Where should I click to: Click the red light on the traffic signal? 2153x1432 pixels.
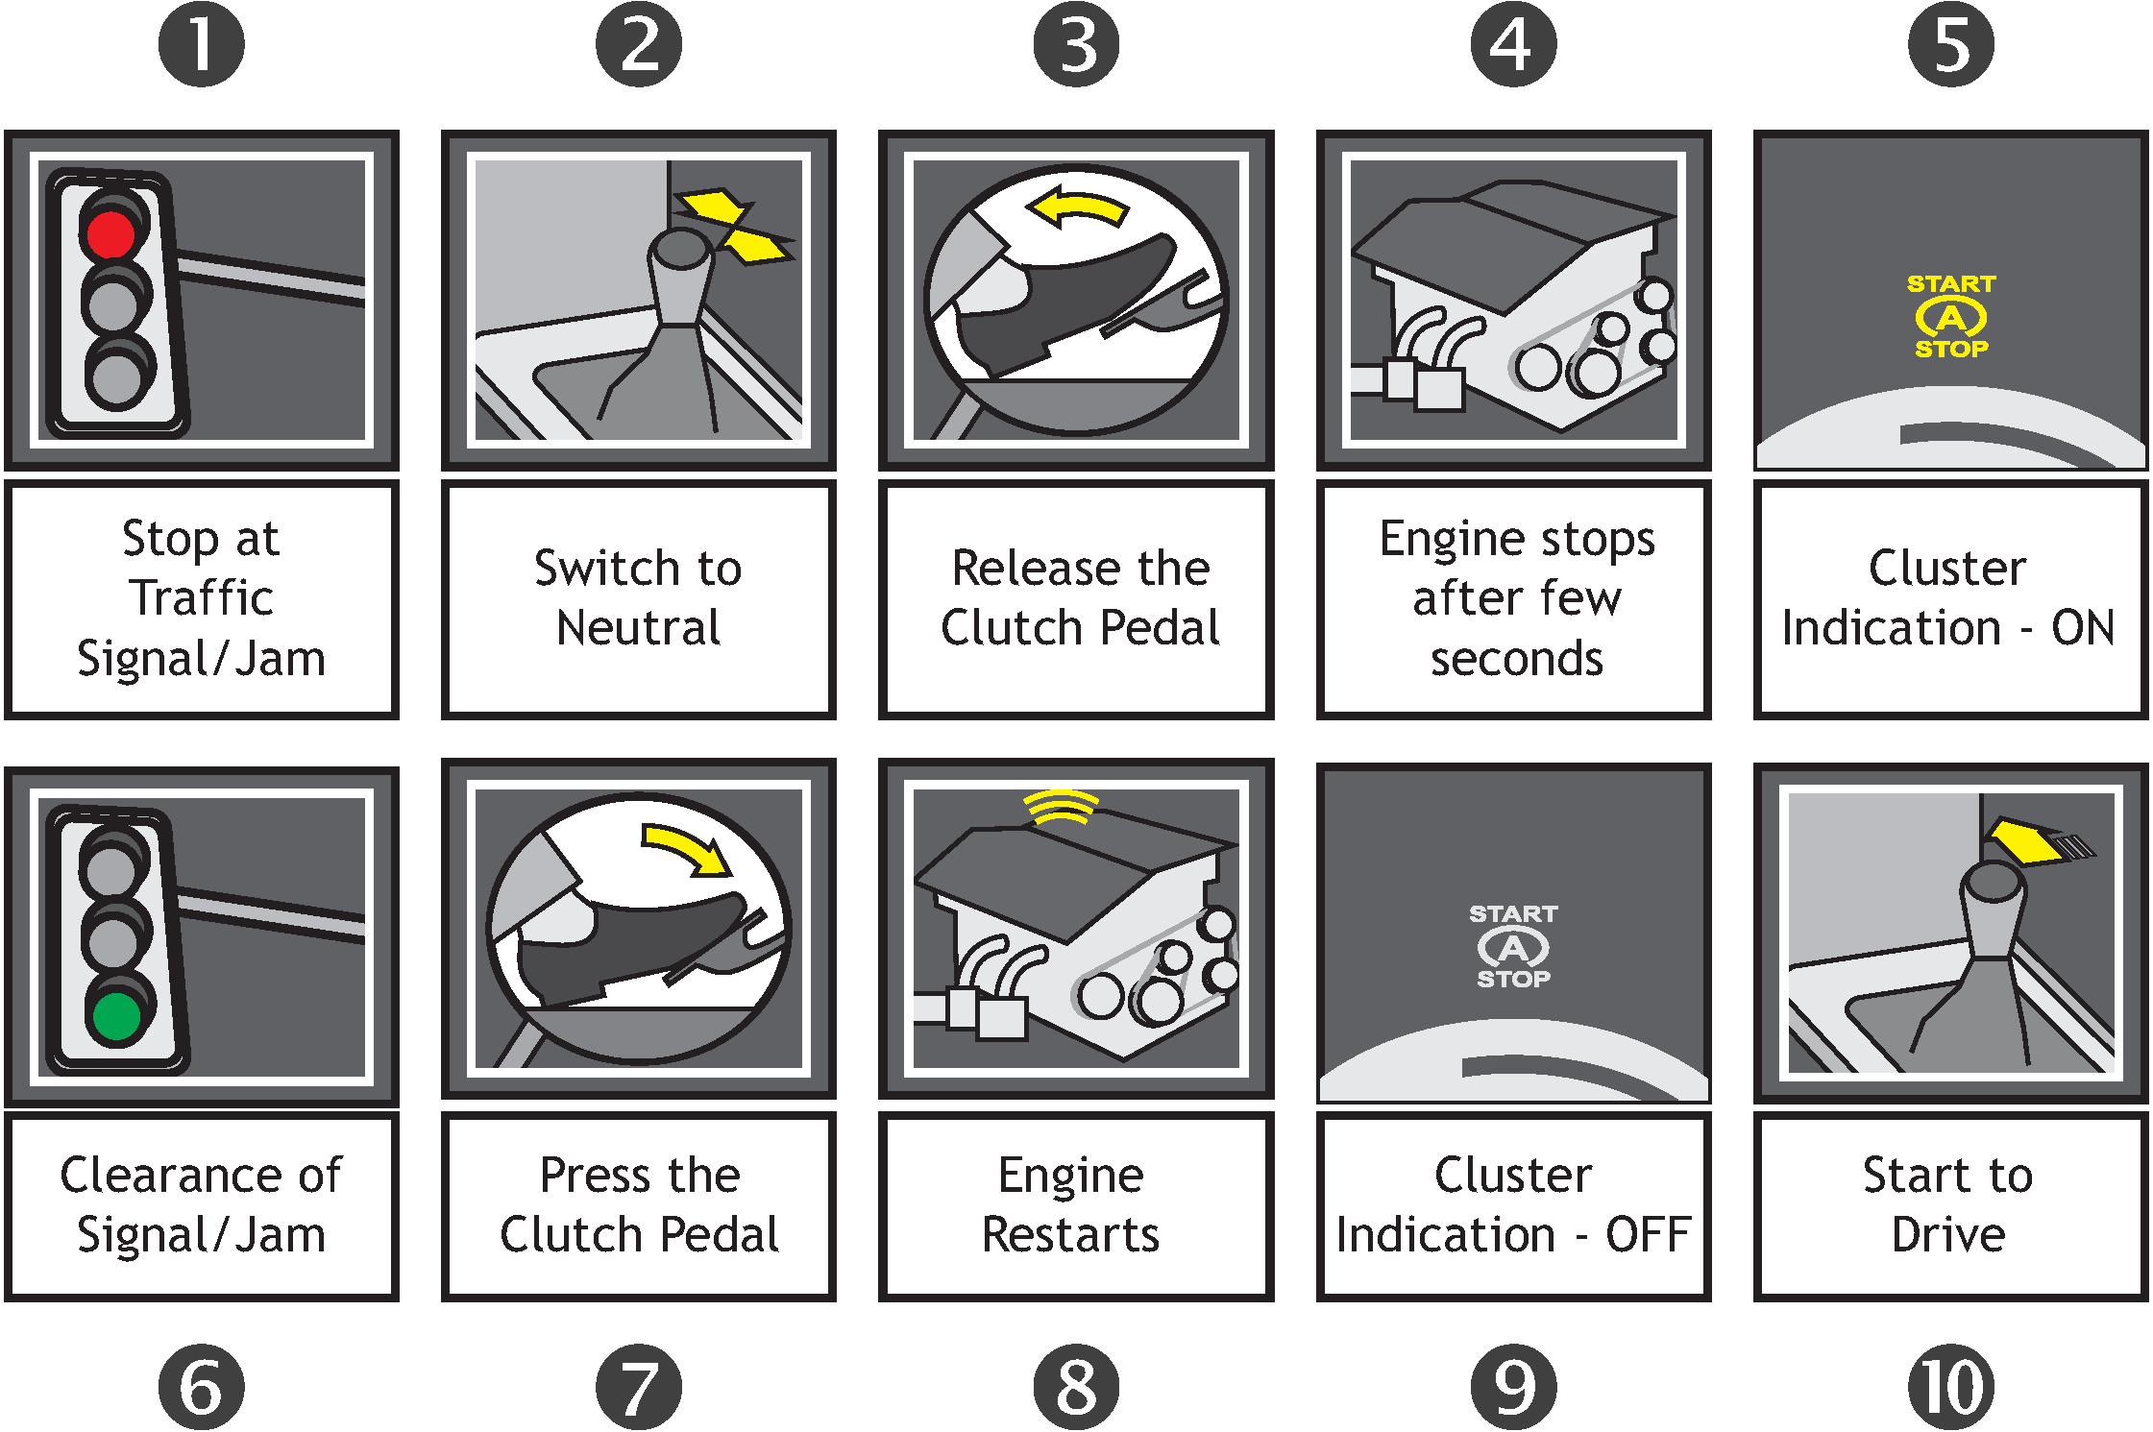pos(111,233)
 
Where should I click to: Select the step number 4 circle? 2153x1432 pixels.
pos(1513,44)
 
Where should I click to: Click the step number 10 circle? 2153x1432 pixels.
pos(1950,1387)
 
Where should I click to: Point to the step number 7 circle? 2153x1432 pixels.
pos(639,1387)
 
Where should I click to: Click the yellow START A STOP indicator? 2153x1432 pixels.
pos(1950,317)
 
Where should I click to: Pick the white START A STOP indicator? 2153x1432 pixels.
pos(1513,947)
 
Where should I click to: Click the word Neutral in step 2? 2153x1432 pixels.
pos(639,628)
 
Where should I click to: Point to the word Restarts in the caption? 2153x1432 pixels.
pos(1070,1235)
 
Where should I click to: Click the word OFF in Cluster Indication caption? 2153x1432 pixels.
pos(1647,1235)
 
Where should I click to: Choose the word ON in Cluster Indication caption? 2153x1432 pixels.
pos(2083,628)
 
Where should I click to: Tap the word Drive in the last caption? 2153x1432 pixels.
pos(1948,1235)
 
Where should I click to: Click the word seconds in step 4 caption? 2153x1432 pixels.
pos(1516,659)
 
